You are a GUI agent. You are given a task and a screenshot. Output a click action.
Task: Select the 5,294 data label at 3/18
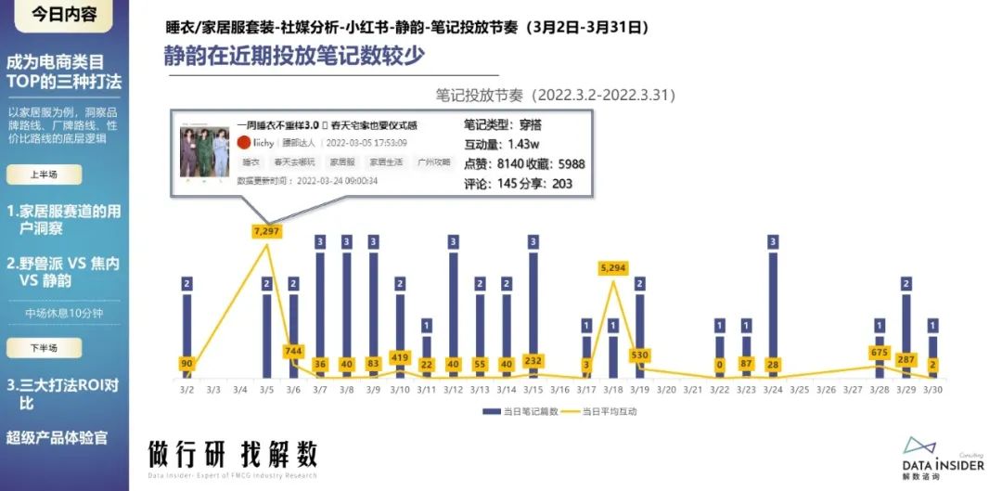point(613,268)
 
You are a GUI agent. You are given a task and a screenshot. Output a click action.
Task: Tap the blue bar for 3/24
point(774,306)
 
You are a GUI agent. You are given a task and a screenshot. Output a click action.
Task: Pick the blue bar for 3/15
point(533,306)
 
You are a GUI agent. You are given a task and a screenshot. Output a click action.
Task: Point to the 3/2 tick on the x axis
point(186,390)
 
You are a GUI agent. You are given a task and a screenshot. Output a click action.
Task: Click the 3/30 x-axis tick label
point(933,390)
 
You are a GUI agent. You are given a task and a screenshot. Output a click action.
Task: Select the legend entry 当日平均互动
point(616,410)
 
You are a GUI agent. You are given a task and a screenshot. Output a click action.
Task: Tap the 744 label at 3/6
point(293,351)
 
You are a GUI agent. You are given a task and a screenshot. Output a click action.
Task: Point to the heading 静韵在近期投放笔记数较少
point(295,56)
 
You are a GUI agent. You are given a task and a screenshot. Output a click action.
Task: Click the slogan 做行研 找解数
point(233,454)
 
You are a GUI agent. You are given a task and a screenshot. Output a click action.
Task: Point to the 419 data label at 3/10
point(401,356)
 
